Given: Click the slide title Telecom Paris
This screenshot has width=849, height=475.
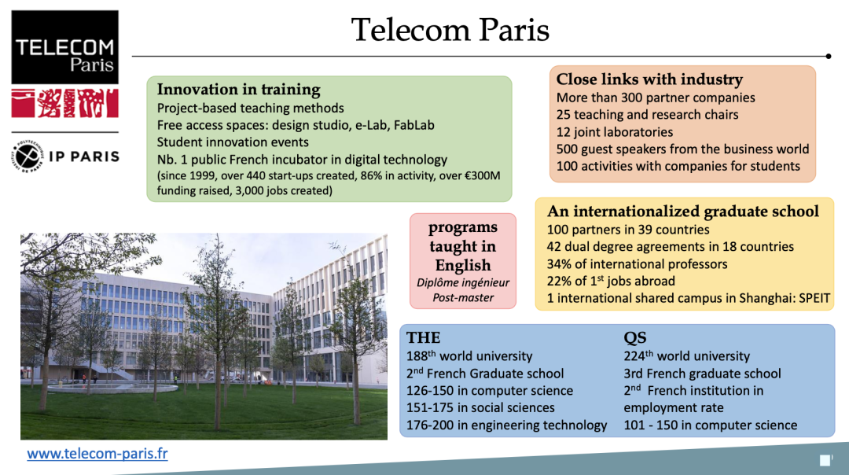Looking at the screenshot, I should (x=450, y=30).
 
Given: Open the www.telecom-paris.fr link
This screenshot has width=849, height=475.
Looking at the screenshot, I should (x=97, y=454).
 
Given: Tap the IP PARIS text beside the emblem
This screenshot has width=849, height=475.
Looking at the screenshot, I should (x=84, y=156).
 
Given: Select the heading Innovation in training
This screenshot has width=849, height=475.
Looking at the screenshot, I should (x=239, y=90).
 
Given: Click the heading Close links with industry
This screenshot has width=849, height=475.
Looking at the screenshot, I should (x=649, y=79).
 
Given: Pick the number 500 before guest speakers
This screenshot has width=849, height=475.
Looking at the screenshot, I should (x=568, y=149).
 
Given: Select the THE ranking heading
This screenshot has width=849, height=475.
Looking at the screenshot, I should (x=423, y=338).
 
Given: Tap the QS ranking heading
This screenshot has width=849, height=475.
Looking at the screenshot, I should (x=635, y=338).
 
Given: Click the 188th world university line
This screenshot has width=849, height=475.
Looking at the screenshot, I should (x=469, y=356).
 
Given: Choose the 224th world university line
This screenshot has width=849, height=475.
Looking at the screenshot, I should (x=687, y=356).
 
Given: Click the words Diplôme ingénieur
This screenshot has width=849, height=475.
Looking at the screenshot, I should (x=463, y=282).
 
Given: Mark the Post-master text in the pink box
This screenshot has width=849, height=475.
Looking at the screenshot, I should (x=463, y=298).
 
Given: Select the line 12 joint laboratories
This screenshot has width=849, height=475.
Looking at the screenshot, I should (x=615, y=132).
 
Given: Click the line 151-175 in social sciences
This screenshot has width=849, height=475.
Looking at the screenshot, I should (x=480, y=407).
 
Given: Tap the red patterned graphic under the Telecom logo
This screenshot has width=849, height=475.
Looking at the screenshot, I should (x=64, y=103).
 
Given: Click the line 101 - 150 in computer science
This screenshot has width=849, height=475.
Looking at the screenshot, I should (x=711, y=425).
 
